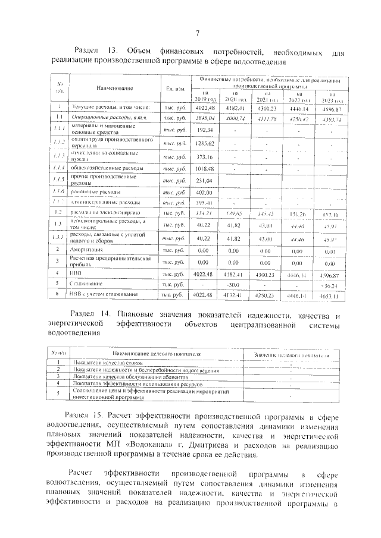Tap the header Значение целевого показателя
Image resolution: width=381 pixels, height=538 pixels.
click(x=292, y=354)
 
